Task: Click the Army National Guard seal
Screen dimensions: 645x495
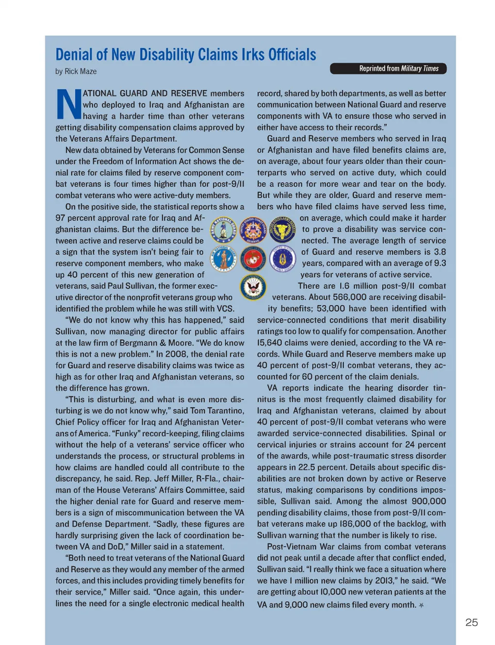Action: pyautogui.click(x=223, y=230)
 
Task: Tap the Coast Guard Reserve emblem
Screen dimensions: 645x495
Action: pyautogui.click(x=253, y=230)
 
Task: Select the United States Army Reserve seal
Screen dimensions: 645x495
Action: pyautogui.click(x=282, y=230)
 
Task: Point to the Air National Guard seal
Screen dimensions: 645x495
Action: pyautogui.click(x=223, y=259)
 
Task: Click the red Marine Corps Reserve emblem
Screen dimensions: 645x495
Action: pyautogui.click(x=253, y=259)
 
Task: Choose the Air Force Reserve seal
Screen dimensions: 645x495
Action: pyautogui.click(x=282, y=259)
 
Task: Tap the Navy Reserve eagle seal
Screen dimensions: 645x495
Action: pyautogui.click(x=253, y=288)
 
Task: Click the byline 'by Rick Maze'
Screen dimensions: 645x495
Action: pyautogui.click(x=76, y=72)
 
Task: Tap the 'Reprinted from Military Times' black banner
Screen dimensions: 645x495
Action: pyautogui.click(x=388, y=69)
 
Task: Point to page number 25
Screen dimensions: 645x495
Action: pyautogui.click(x=471, y=622)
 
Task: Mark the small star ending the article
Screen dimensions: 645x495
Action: pyautogui.click(x=421, y=605)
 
